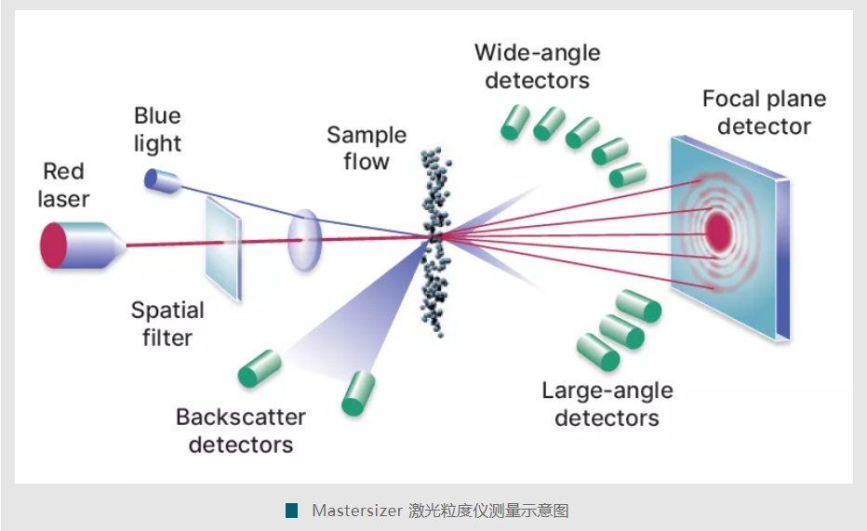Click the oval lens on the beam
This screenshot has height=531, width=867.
pyautogui.click(x=303, y=240)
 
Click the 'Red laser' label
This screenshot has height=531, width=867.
pyautogui.click(x=63, y=184)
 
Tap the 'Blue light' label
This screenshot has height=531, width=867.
pyautogui.click(x=157, y=129)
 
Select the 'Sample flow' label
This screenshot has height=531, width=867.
pyautogui.click(x=367, y=148)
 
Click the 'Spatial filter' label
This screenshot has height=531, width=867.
pyautogui.click(x=167, y=323)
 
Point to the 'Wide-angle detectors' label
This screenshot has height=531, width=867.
pyautogui.click(x=537, y=66)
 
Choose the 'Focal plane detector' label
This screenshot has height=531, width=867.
pyautogui.click(x=763, y=113)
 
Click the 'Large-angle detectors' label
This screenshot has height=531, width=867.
pyautogui.click(x=607, y=404)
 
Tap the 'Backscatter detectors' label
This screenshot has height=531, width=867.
pyautogui.click(x=241, y=430)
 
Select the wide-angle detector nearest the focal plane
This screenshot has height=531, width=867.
pyautogui.click(x=627, y=174)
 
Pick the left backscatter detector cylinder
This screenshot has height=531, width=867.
pyautogui.click(x=260, y=368)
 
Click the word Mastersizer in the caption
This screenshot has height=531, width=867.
pyautogui.click(x=355, y=511)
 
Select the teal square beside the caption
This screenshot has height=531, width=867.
pyautogui.click(x=292, y=511)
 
